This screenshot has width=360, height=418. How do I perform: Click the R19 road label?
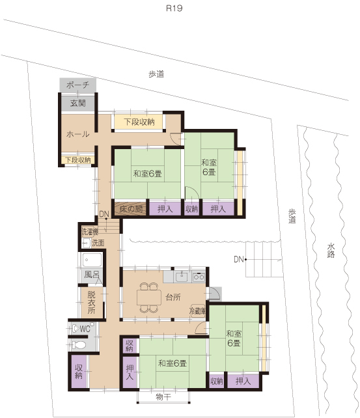coord(174,8)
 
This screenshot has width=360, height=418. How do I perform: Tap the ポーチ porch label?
coord(77,85)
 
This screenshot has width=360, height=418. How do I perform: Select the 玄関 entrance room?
coord(78,103)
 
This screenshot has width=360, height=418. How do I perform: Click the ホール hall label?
coord(77,134)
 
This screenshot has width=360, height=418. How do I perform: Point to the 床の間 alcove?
coord(130,209)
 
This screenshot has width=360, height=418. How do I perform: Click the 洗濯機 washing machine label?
coord(90,232)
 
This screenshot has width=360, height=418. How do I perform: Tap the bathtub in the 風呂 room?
coord(92,260)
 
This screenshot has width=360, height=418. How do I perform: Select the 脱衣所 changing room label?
coord(91,302)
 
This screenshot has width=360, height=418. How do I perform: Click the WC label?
coord(85,329)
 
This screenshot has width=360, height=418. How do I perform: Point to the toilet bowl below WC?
coord(79,346)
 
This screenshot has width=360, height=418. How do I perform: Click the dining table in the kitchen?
coord(149,298)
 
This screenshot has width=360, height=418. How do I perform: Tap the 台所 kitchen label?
coord(173,297)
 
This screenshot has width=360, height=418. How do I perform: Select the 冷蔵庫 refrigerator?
coord(197,311)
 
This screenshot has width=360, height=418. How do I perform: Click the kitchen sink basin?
coord(182,277)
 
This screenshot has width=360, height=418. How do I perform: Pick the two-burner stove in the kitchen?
coord(199,277)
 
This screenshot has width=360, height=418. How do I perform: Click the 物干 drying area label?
coord(163,397)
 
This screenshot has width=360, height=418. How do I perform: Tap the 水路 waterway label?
coord(331,251)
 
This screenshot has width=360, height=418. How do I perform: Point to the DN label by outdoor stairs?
coord(239,259)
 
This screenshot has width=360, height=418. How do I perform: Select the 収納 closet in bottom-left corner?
coord(79,371)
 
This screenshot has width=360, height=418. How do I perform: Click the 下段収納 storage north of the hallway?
coord(139,122)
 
